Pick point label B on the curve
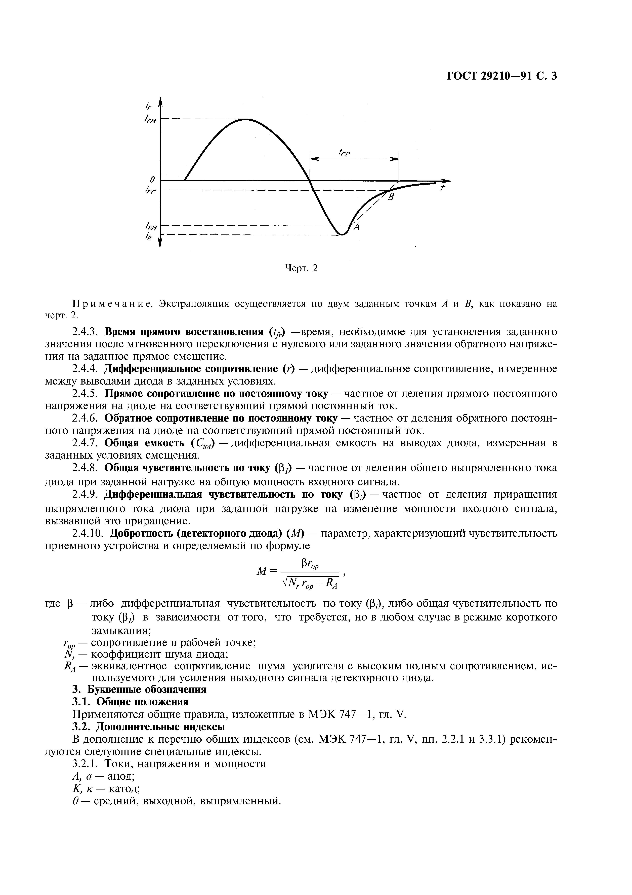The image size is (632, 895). coord(391,198)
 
